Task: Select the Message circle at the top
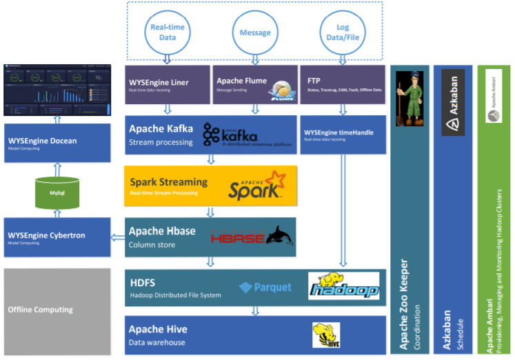tap(254, 32)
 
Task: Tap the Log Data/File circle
tap(342, 32)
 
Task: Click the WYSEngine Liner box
tap(166, 85)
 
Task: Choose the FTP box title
tap(314, 81)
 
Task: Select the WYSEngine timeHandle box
tap(342, 134)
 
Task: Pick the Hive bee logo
tap(325, 335)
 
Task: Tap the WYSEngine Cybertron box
tap(57, 237)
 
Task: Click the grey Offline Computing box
tap(57, 310)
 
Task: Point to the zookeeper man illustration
tap(408, 97)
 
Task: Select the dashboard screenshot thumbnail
tap(57, 90)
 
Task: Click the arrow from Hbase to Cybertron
tap(117, 237)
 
